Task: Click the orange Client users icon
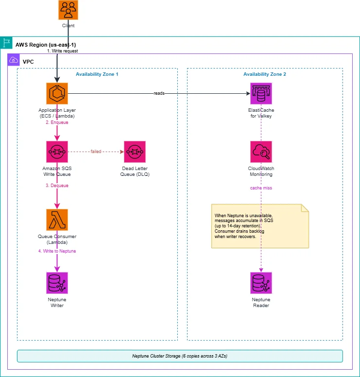coord(69,10)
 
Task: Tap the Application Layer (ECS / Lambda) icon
coord(57,94)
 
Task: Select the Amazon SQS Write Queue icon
coord(57,152)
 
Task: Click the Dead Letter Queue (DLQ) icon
coord(135,152)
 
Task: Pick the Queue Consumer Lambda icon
coord(57,220)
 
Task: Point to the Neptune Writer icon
coord(57,283)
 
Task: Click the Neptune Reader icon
coord(261,283)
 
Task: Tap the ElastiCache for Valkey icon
coord(261,94)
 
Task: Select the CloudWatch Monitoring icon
coord(261,152)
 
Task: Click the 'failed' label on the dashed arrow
coord(96,152)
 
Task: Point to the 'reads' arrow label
coord(159,93)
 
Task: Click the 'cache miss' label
coord(261,188)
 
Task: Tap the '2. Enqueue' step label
coord(57,122)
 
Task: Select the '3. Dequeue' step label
coord(57,186)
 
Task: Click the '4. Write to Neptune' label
coord(57,251)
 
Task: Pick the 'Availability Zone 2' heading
coord(264,74)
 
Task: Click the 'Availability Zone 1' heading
coord(97,74)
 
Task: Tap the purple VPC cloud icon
coord(14,60)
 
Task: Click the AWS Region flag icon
coord(6,43)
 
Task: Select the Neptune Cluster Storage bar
coord(180,356)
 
